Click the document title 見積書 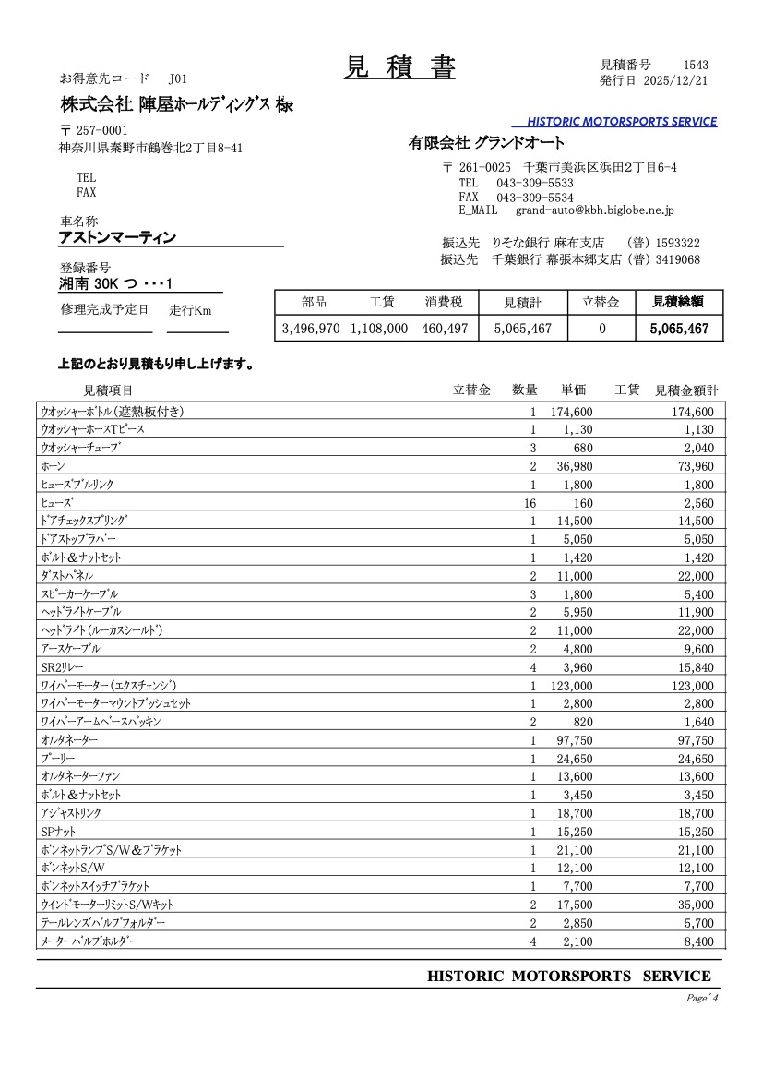399,67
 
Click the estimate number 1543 696,65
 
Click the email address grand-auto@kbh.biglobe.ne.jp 595,210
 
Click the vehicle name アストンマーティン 117,238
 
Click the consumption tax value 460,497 446,328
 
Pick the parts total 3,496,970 311,328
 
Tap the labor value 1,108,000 379,328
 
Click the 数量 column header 524,390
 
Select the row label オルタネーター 69,740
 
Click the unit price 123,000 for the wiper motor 572,686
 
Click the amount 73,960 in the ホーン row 691,467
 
